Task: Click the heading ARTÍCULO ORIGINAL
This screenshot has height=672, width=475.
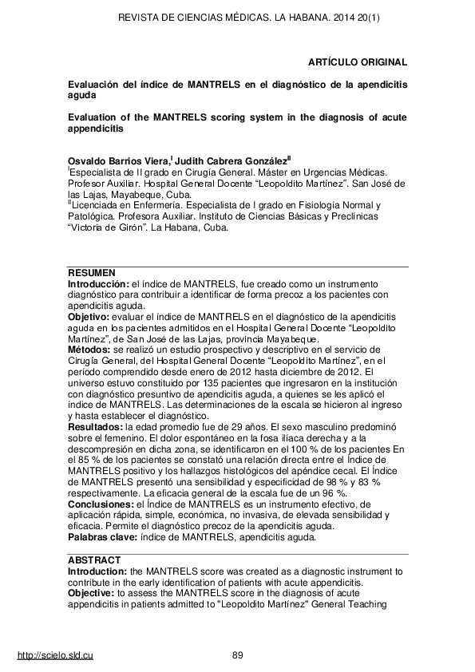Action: (x=358, y=61)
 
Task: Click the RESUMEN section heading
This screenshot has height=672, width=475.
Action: (x=91, y=273)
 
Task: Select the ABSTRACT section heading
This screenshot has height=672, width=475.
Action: (x=93, y=561)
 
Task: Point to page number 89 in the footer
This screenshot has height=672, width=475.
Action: (x=237, y=655)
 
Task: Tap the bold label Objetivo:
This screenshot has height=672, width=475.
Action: (x=90, y=316)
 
